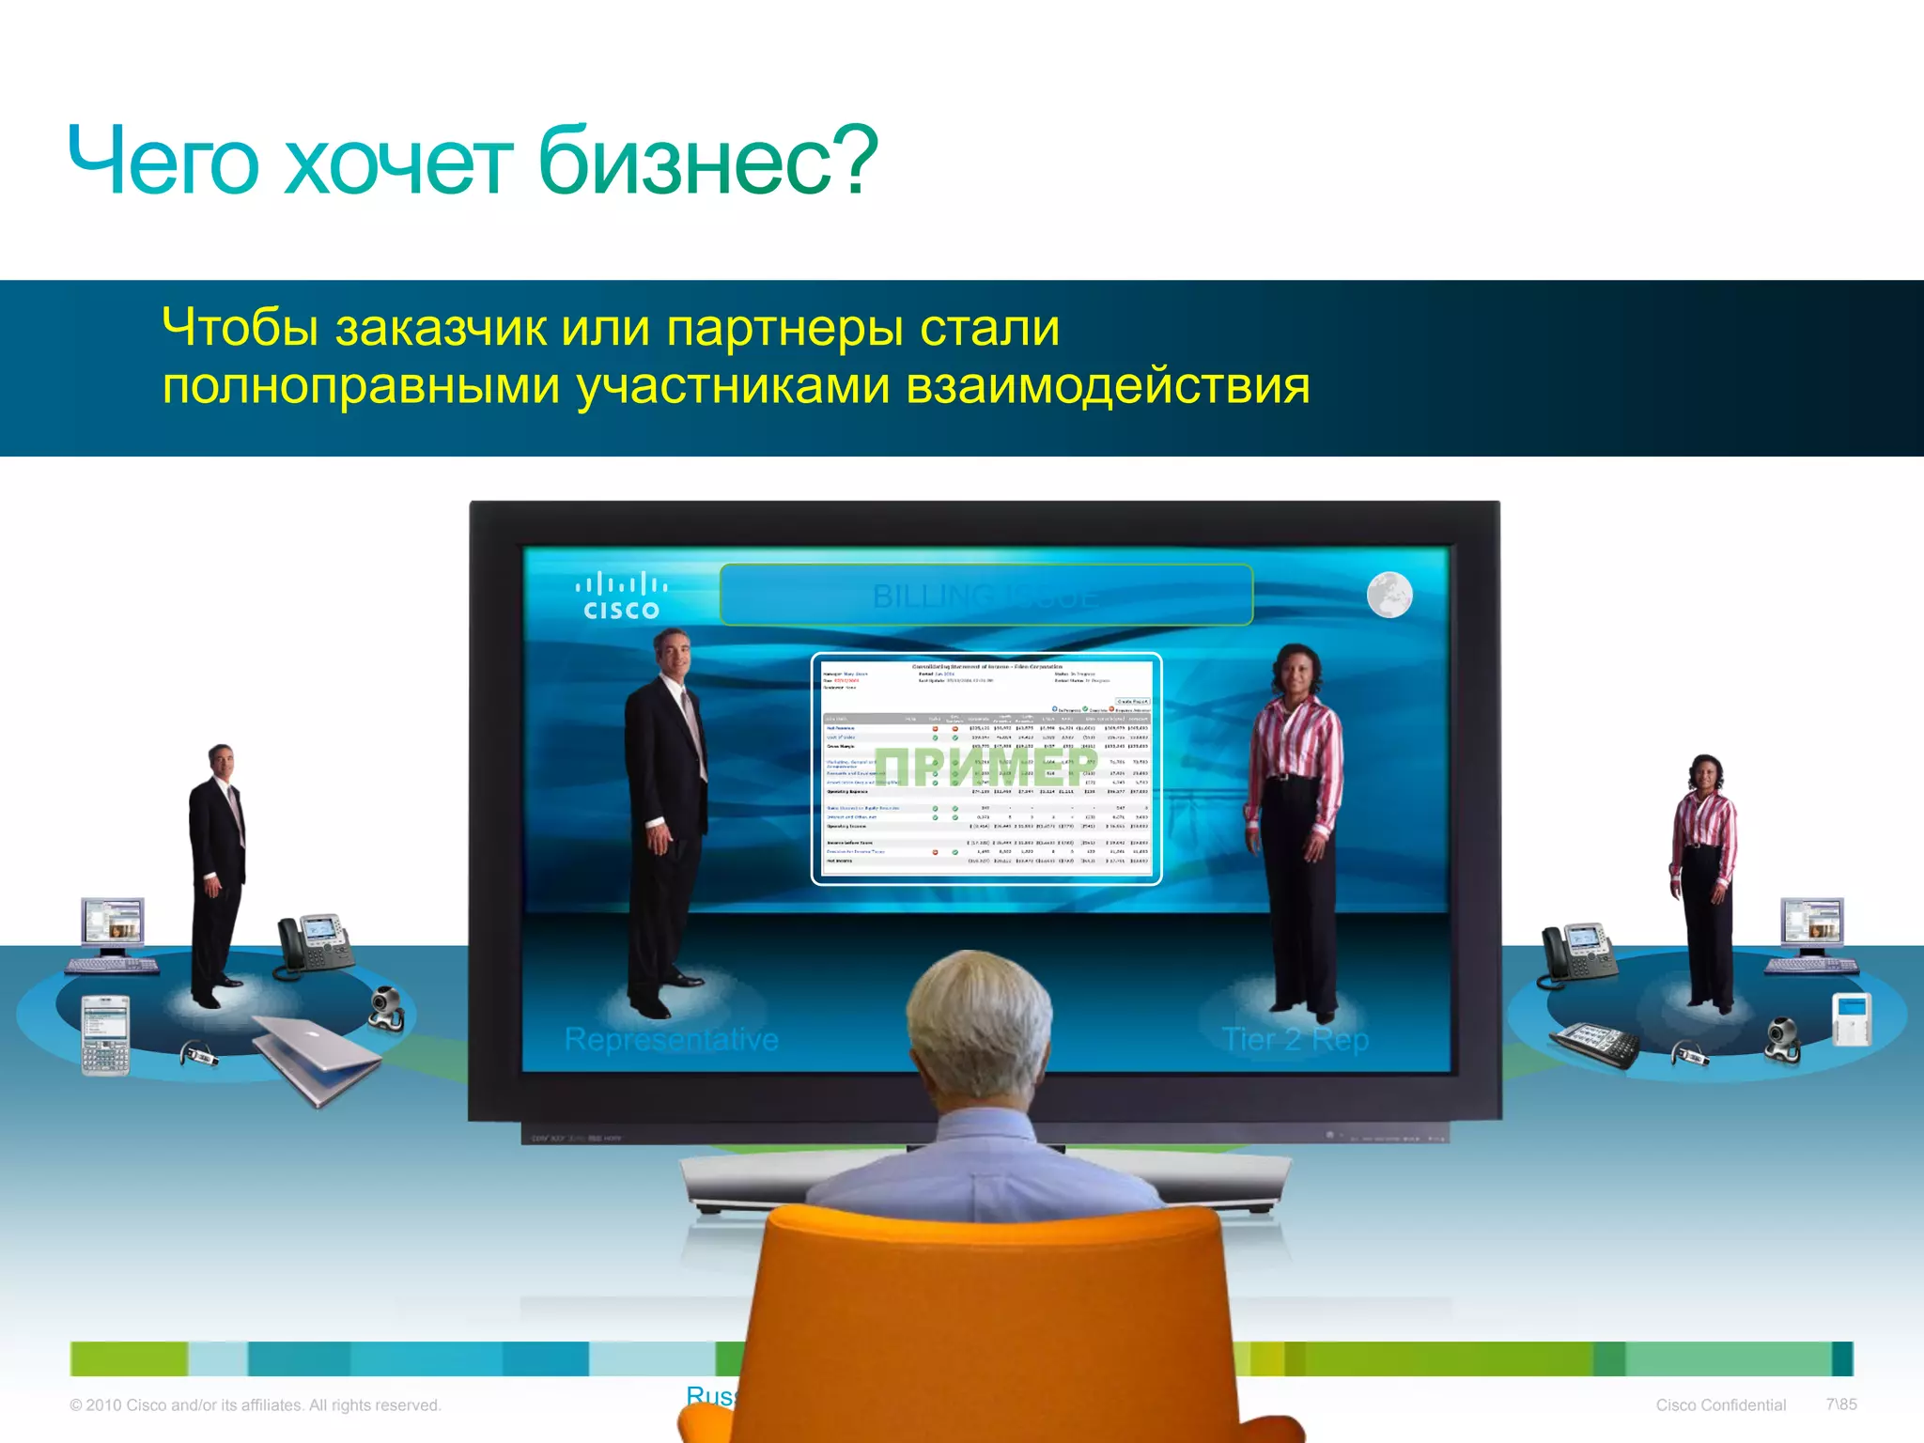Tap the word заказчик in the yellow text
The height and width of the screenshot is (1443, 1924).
pyautogui.click(x=441, y=328)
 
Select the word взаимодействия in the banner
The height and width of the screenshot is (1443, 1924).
pyautogui.click(x=1108, y=386)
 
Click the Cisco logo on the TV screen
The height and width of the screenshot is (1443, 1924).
pyautogui.click(x=621, y=597)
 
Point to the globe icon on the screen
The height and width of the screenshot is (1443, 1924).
pyautogui.click(x=1389, y=595)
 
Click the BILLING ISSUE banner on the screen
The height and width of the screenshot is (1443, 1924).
pyautogui.click(x=985, y=596)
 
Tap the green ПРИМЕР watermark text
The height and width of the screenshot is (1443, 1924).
pyautogui.click(x=986, y=767)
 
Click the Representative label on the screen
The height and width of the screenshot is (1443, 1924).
pyautogui.click(x=671, y=1039)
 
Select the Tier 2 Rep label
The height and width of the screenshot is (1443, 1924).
pyautogui.click(x=1295, y=1039)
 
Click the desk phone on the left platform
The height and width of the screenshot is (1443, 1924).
pyautogui.click(x=315, y=944)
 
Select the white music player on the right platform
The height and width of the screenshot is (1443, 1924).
pyautogui.click(x=1852, y=1018)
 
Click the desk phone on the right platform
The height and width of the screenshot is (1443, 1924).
pyautogui.click(x=1578, y=954)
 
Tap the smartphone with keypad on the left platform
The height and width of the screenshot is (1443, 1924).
pyautogui.click(x=104, y=1033)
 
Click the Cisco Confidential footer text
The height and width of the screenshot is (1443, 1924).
pyautogui.click(x=1720, y=1404)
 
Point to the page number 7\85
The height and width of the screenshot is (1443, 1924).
pyautogui.click(x=1841, y=1404)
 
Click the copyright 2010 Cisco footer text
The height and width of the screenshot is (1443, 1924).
pyautogui.click(x=256, y=1404)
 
